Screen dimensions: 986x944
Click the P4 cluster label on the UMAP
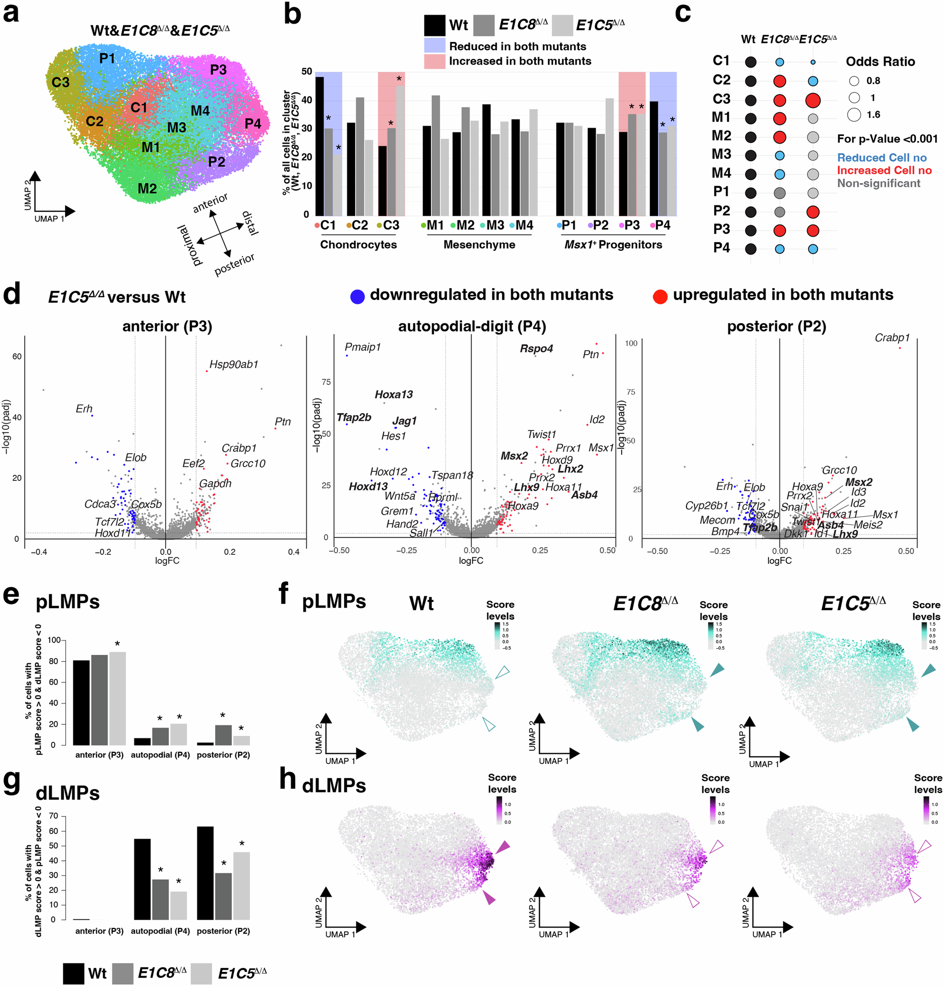[x=253, y=124]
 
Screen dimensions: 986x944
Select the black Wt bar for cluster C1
[x=320, y=146]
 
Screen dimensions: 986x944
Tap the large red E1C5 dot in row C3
[x=812, y=100]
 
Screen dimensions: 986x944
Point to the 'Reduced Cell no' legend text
[x=881, y=157]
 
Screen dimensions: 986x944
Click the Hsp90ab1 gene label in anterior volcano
[x=234, y=364]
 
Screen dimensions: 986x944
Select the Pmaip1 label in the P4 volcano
[x=362, y=347]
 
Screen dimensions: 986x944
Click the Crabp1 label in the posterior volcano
[x=892, y=338]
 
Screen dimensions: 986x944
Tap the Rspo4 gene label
[x=536, y=348]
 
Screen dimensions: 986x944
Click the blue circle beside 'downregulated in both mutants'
[x=357, y=296]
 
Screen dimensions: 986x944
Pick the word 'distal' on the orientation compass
[x=250, y=223]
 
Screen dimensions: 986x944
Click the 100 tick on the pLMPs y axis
[x=54, y=640]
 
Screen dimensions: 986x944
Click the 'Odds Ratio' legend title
[x=880, y=61]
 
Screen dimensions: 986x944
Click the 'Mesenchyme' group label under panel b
[x=479, y=245]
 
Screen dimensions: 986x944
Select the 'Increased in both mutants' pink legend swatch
[x=434, y=61]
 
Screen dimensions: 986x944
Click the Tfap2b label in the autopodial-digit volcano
[x=354, y=417]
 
